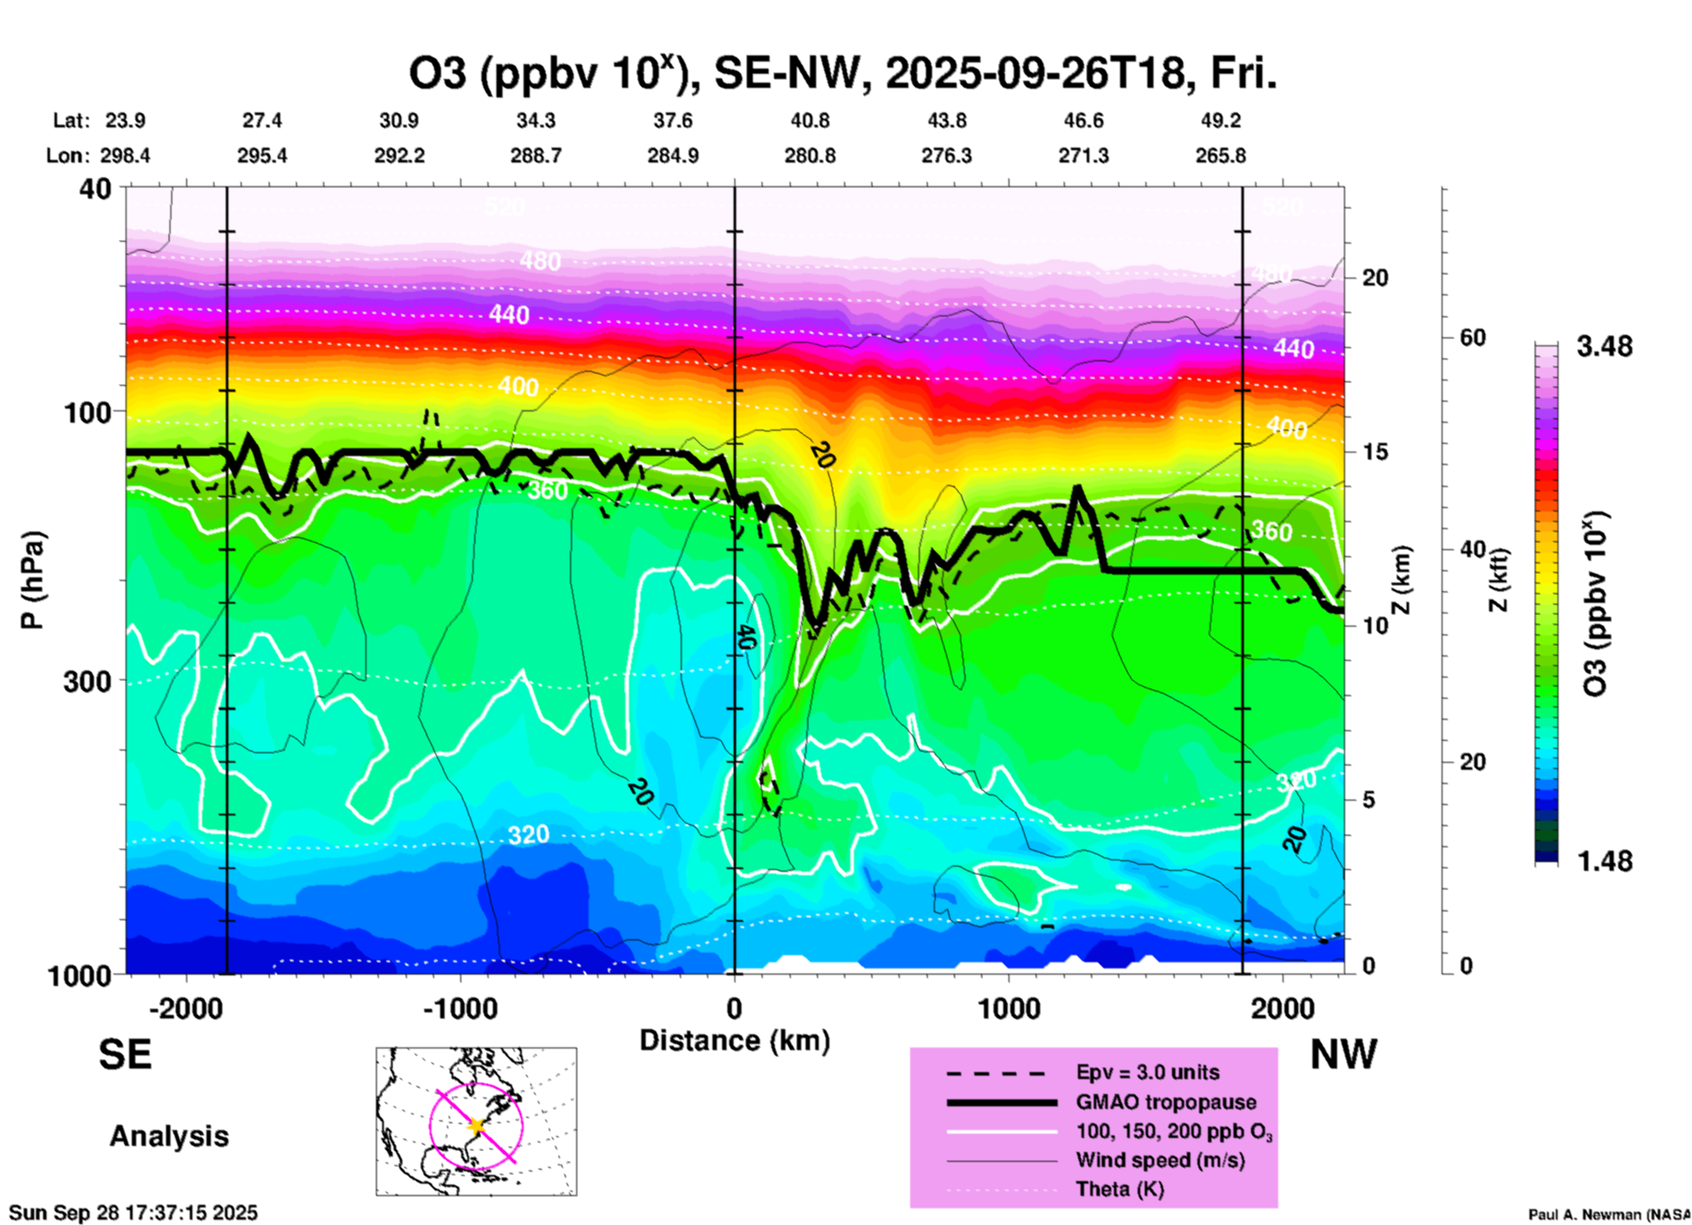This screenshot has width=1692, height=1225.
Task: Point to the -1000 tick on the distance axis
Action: [x=459, y=1008]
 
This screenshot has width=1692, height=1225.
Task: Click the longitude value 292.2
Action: [x=400, y=156]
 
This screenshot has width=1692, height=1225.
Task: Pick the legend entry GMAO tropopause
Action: [x=1165, y=1102]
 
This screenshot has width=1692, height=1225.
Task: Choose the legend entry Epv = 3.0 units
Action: [x=1146, y=1072]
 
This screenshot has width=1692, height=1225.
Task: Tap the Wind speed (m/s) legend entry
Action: [x=1160, y=1160]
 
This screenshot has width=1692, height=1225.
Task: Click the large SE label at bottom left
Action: [x=125, y=1055]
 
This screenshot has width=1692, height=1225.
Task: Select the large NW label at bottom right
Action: [x=1343, y=1055]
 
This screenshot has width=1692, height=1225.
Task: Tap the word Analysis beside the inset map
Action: [x=169, y=1136]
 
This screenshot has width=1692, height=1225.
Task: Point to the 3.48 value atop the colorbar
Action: [x=1604, y=346]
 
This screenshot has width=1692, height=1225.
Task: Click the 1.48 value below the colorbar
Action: [x=1604, y=860]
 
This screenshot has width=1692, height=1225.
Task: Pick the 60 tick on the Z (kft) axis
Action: [x=1472, y=337]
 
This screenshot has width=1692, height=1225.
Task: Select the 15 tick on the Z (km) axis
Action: [x=1375, y=452]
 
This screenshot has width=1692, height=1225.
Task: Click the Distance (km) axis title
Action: [x=734, y=1040]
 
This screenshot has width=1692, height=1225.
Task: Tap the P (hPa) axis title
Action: [x=33, y=580]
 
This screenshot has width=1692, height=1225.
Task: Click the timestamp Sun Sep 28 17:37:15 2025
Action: [x=134, y=1213]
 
